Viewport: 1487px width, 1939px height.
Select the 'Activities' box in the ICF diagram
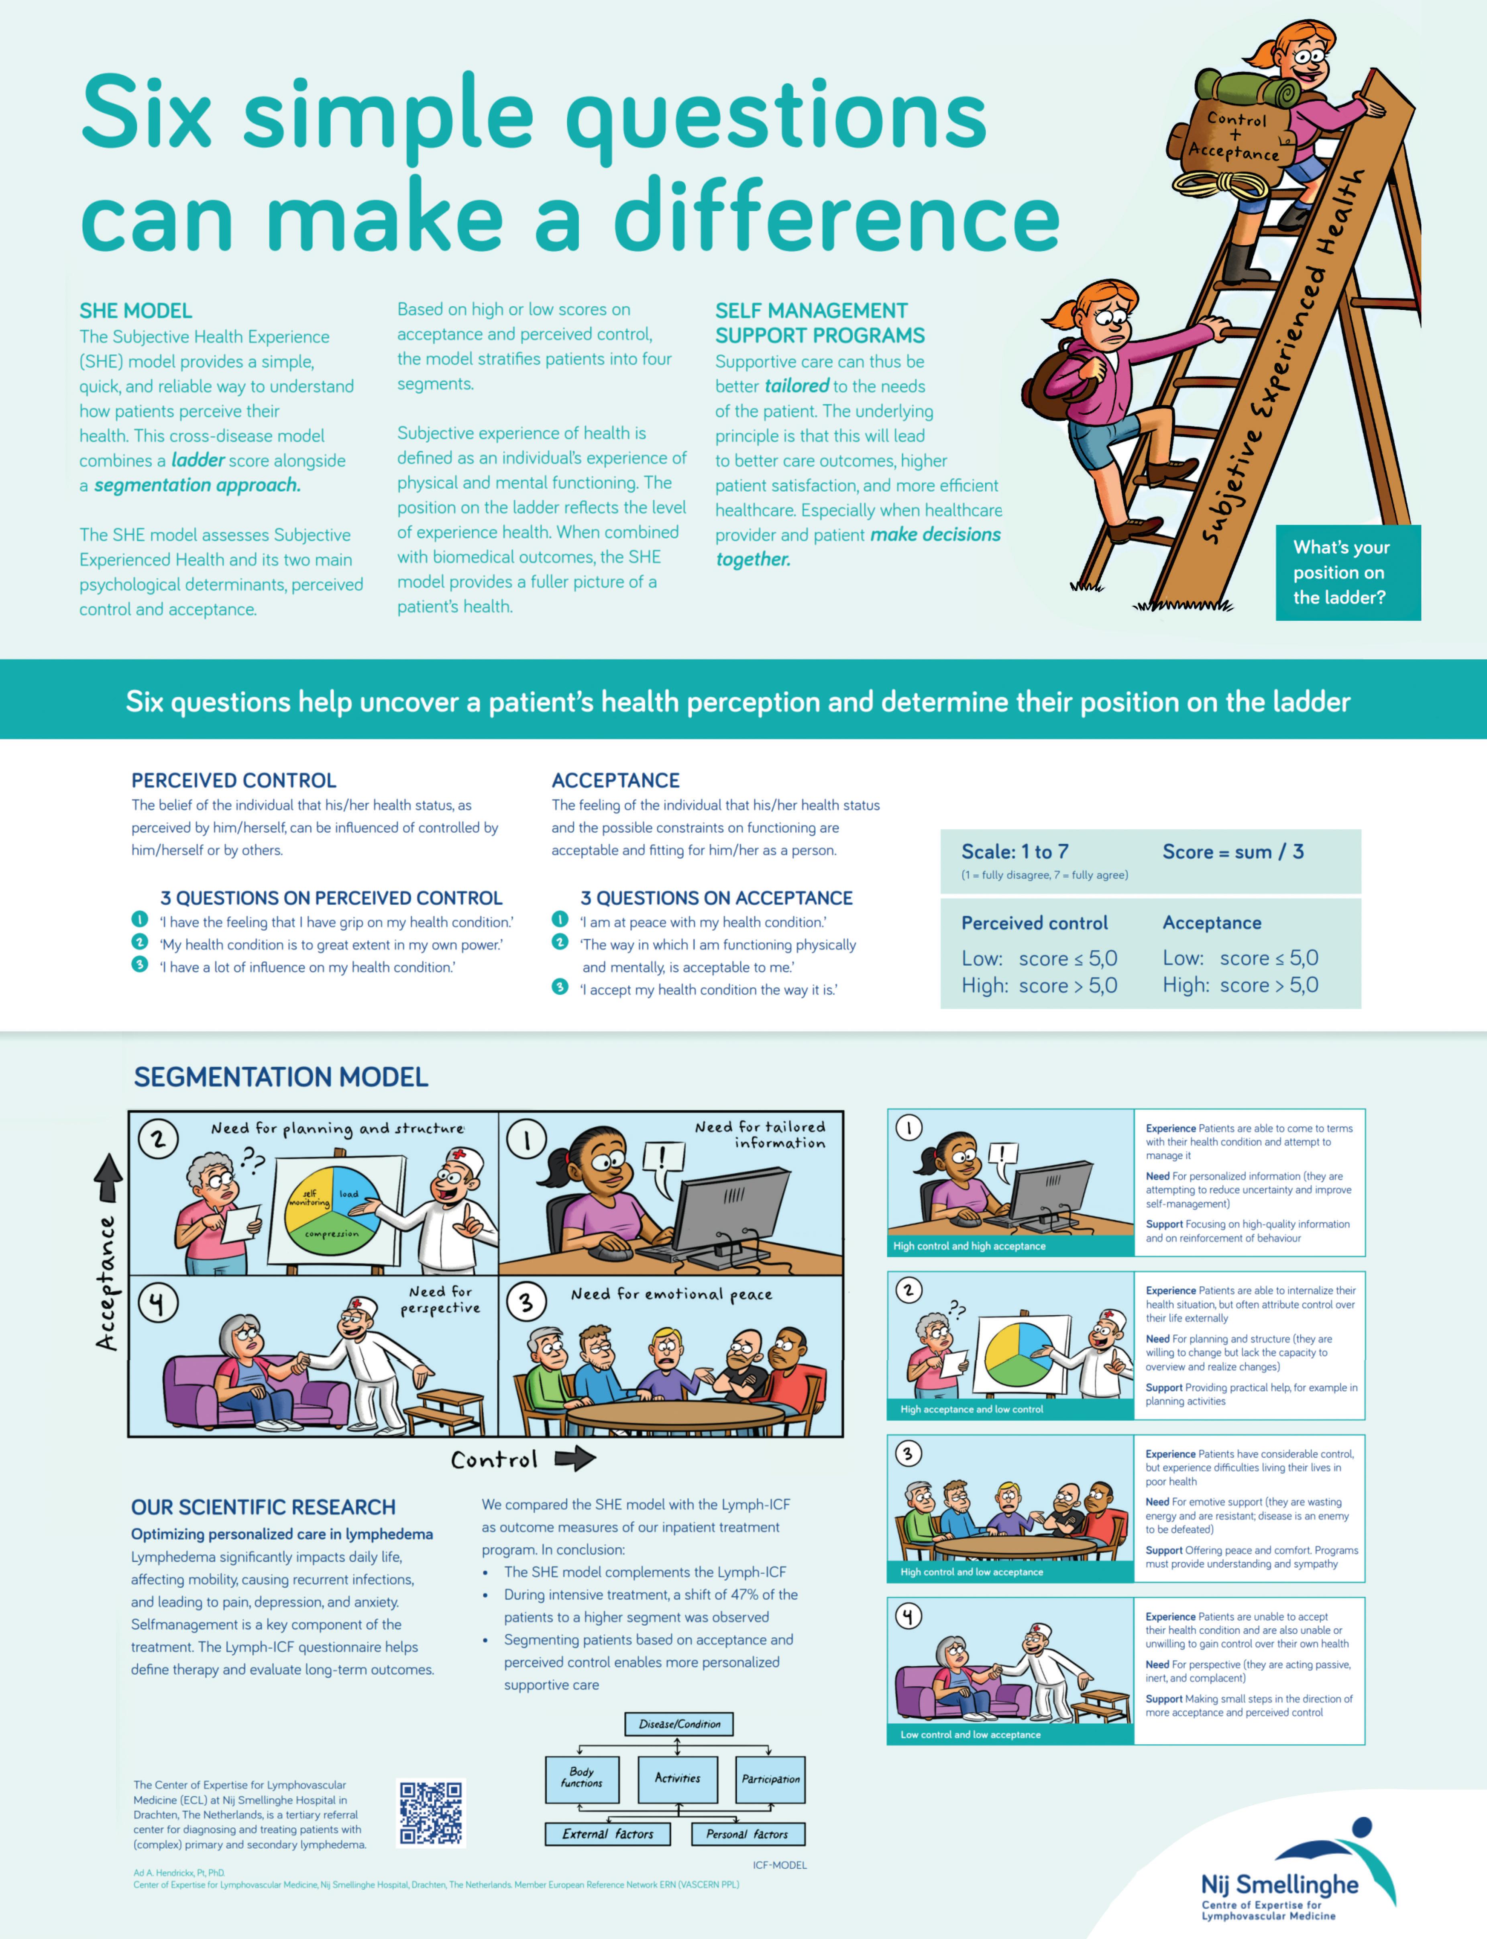[678, 1778]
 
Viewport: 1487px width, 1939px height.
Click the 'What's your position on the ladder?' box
[1347, 572]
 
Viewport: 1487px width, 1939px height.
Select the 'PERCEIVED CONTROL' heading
[234, 780]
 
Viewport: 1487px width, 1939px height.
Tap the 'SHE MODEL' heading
[135, 311]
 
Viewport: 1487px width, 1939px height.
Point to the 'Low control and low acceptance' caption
[970, 1735]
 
